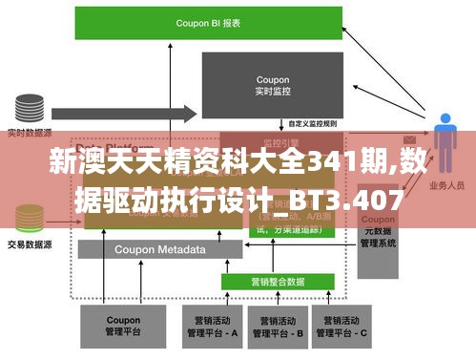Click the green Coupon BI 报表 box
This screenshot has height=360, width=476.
(208, 21)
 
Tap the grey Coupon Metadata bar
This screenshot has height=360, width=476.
(159, 250)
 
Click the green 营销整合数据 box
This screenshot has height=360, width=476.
(277, 282)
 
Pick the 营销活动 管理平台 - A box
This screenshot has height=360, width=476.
(210, 328)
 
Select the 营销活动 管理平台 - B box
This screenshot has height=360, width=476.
(278, 328)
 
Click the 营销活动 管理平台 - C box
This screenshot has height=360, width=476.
(345, 328)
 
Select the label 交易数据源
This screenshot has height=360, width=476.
(29, 244)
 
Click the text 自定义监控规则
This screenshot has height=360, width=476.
(312, 124)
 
